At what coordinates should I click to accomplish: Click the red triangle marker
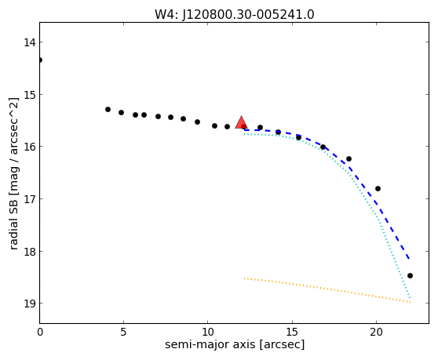pyautogui.click(x=241, y=123)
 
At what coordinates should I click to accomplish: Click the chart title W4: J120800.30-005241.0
pyautogui.click(x=235, y=14)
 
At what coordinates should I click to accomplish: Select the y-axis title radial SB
pyautogui.click(x=13, y=173)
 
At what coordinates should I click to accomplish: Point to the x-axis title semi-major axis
pyautogui.click(x=235, y=344)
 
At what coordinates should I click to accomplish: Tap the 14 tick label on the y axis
pyautogui.click(x=29, y=42)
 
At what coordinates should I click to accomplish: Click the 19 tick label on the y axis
pyautogui.click(x=29, y=304)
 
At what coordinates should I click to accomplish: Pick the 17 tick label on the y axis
pyautogui.click(x=29, y=199)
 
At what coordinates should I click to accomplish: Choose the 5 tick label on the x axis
pyautogui.click(x=123, y=332)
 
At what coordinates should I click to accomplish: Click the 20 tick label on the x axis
pyautogui.click(x=376, y=332)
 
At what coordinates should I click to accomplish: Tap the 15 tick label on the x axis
pyautogui.click(x=292, y=332)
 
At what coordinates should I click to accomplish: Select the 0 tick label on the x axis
pyautogui.click(x=40, y=332)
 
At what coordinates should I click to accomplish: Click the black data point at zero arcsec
pyautogui.click(x=40, y=60)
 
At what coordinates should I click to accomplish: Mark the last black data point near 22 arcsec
pyautogui.click(x=410, y=276)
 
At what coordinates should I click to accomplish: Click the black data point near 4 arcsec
pyautogui.click(x=108, y=109)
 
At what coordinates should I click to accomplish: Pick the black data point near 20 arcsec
pyautogui.click(x=378, y=189)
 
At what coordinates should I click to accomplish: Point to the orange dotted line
pyautogui.click(x=327, y=290)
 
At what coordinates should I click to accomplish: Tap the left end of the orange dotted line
pyautogui.click(x=244, y=278)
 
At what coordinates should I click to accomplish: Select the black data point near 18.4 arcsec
pyautogui.click(x=349, y=158)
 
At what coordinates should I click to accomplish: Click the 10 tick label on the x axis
pyautogui.click(x=208, y=332)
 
